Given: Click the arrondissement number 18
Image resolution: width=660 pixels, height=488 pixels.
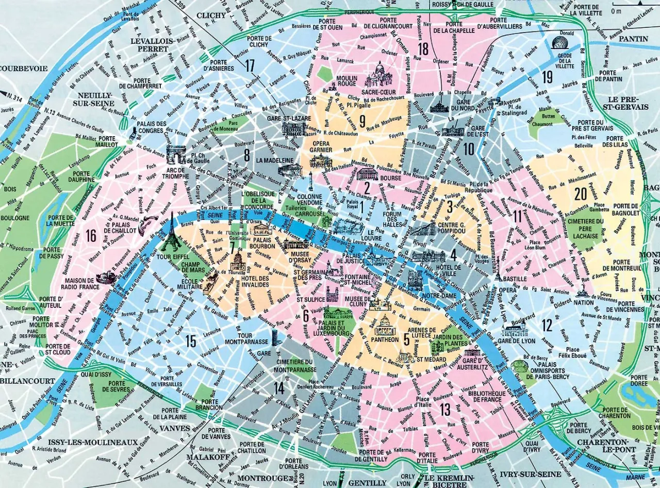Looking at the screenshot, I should (x=424, y=49).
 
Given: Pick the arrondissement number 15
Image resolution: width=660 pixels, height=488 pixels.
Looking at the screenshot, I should (x=191, y=341).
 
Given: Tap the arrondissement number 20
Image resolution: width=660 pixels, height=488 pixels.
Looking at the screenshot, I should (x=581, y=194).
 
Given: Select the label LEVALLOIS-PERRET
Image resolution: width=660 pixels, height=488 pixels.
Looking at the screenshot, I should (x=150, y=44).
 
